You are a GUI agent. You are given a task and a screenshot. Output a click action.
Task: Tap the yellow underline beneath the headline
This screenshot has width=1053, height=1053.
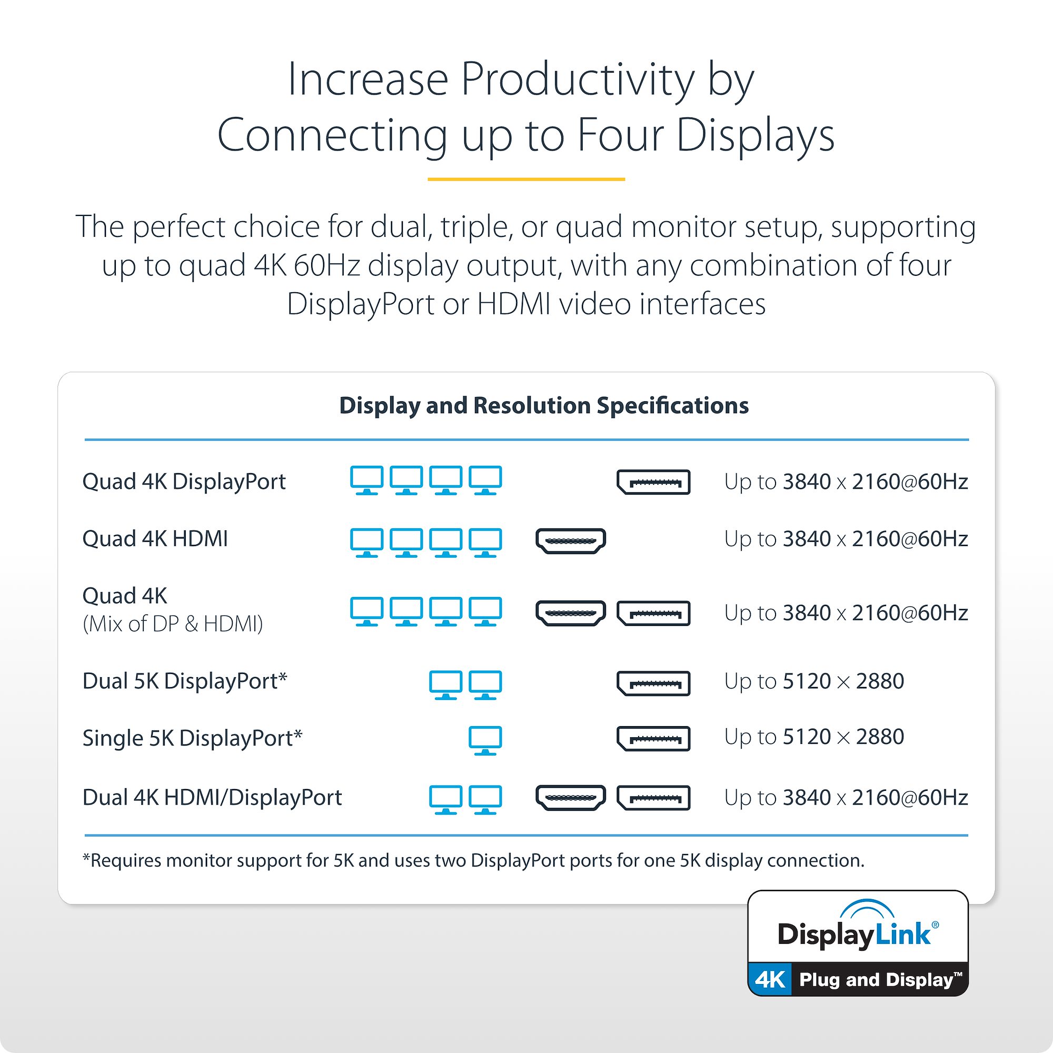[x=526, y=179]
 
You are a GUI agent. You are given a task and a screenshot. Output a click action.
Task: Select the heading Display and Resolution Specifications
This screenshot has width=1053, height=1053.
[x=544, y=405]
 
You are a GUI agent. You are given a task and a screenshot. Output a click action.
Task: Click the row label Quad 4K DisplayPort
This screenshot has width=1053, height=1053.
[x=184, y=482]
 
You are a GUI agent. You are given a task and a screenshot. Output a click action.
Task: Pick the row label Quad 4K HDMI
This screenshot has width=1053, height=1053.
[x=155, y=539]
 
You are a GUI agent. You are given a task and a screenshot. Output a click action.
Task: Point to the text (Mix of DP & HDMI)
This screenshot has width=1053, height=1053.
[x=173, y=623]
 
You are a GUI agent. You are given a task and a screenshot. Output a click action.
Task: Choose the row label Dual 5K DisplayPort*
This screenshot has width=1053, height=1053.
[x=185, y=681]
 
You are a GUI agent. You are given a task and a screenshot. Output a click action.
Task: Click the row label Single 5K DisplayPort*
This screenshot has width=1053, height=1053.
[x=192, y=739]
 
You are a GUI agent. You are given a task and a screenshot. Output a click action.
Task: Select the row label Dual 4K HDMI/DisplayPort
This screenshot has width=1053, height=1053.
[x=212, y=797]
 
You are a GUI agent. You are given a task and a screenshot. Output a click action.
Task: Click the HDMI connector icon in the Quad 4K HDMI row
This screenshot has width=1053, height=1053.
[x=571, y=541]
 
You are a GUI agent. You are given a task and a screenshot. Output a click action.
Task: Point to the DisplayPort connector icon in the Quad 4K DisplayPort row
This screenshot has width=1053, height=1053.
[x=653, y=482]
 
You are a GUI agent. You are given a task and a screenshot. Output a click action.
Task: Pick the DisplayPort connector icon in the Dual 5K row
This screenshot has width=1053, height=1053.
[x=653, y=683]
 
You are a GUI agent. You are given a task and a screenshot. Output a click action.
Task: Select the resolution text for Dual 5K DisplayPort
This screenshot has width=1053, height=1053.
[x=814, y=681]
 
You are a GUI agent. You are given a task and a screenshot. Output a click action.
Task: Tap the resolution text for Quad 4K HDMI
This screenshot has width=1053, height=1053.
[x=846, y=539]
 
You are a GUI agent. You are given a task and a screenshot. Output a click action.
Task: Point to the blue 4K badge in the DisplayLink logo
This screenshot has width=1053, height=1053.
[x=770, y=979]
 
